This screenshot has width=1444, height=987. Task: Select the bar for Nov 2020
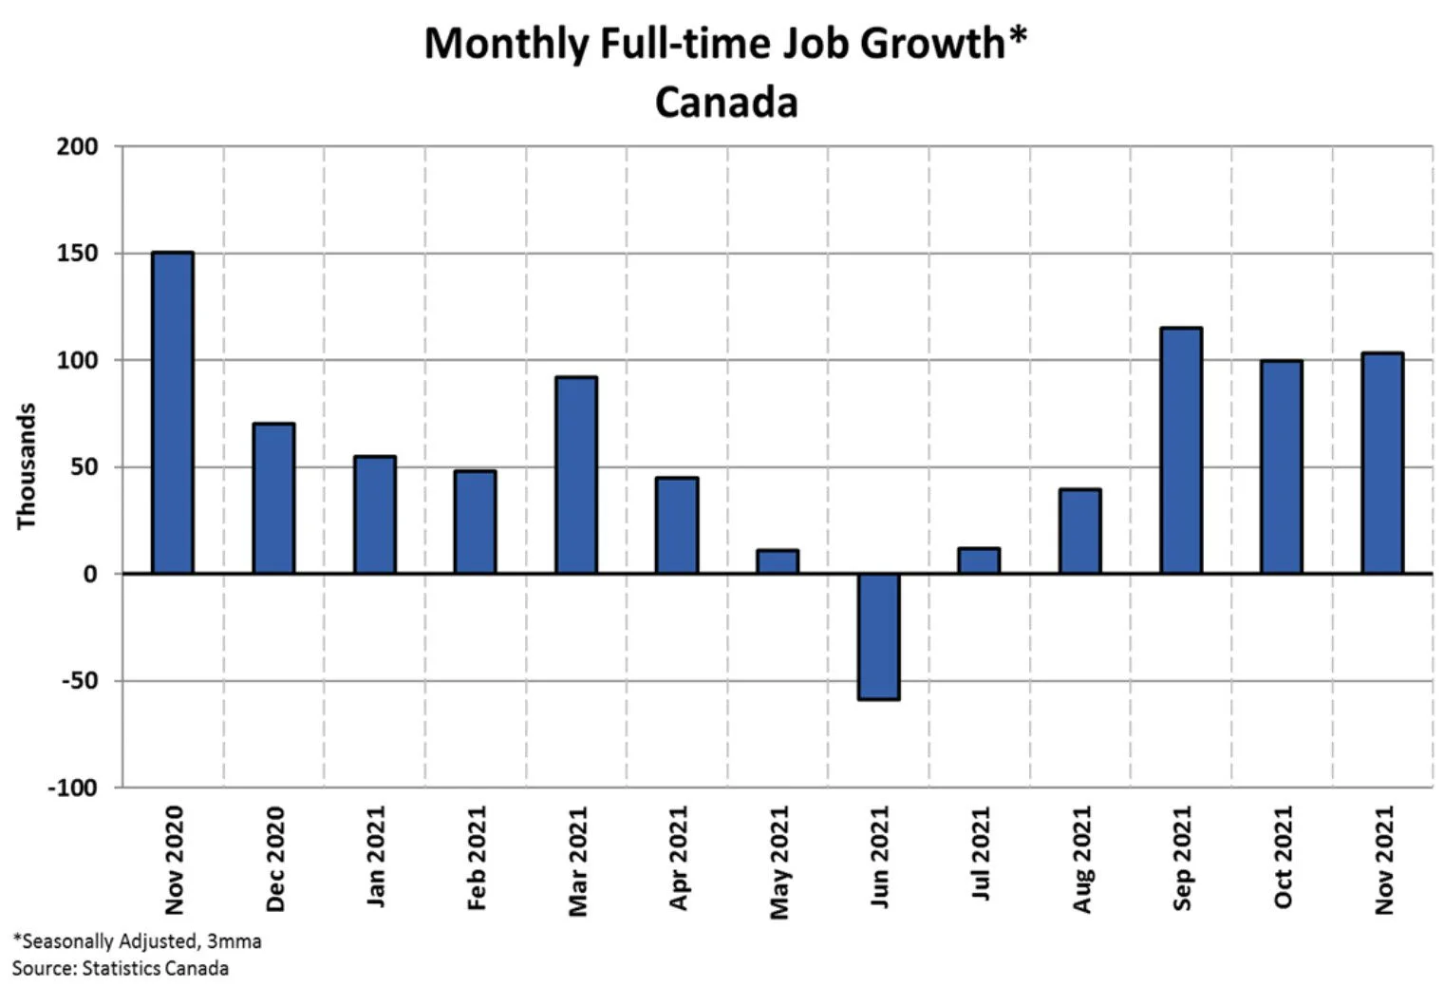click(x=173, y=412)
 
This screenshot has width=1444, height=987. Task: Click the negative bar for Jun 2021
click(x=879, y=636)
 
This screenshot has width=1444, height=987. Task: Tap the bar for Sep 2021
click(x=1181, y=450)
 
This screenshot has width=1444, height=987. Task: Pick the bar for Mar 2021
click(x=576, y=475)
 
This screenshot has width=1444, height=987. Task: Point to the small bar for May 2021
click(x=778, y=561)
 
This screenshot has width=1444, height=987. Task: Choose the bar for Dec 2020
click(x=273, y=498)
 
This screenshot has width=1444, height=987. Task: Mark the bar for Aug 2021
click(x=1079, y=531)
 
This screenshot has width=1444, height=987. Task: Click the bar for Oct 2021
click(x=1282, y=467)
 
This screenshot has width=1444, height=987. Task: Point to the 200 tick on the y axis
click(x=77, y=146)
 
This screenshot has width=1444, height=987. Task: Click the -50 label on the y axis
click(x=80, y=680)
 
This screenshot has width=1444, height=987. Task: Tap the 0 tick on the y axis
click(x=91, y=574)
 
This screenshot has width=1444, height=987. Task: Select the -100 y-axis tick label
click(x=73, y=788)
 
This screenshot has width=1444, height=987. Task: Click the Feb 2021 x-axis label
click(x=477, y=858)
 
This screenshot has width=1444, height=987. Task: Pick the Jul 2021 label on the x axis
click(x=980, y=852)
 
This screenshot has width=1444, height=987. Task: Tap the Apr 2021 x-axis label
click(x=678, y=858)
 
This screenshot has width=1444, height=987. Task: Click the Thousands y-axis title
click(x=26, y=466)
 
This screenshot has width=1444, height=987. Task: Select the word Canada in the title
click(x=726, y=102)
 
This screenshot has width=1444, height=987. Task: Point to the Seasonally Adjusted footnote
click(x=138, y=941)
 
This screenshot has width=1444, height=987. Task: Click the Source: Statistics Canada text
click(x=121, y=968)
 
